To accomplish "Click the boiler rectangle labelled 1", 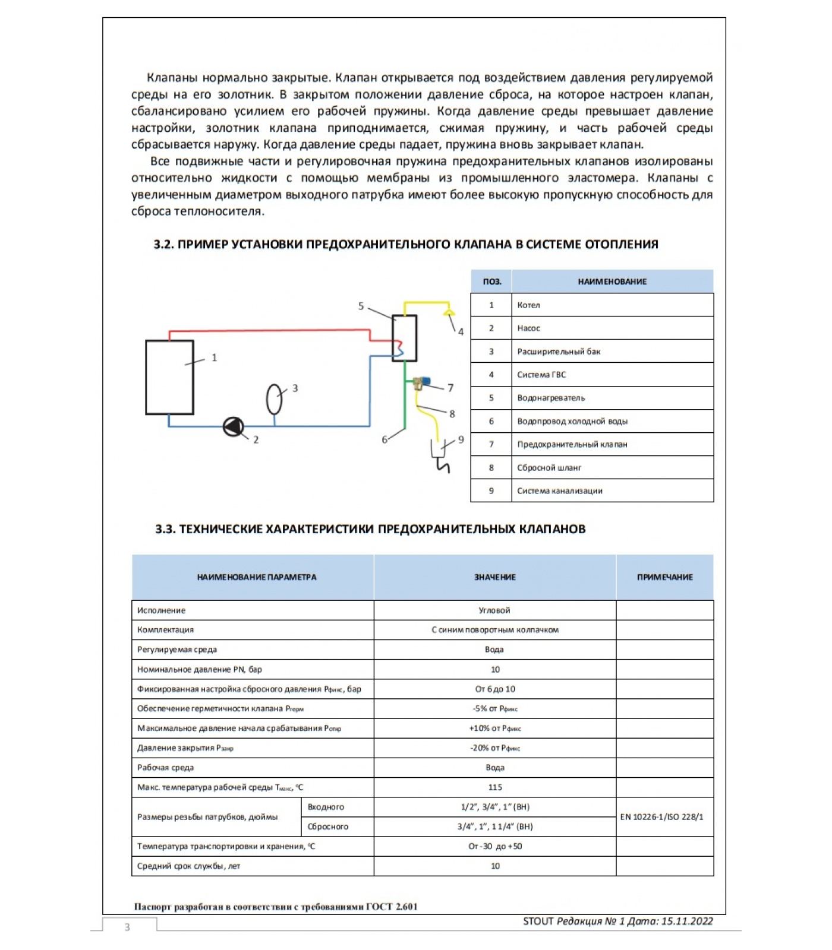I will click(169, 377).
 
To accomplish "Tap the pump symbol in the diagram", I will click(233, 426).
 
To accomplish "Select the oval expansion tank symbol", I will click(274, 399).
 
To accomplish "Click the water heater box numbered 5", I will click(405, 337).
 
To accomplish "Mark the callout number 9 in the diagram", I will click(461, 440).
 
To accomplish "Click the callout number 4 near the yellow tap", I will click(461, 332).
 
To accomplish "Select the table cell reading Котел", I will click(528, 305).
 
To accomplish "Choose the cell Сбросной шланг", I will click(549, 468).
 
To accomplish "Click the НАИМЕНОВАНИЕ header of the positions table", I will click(612, 281).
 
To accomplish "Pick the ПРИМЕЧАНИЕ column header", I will click(664, 577).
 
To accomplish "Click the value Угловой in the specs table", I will click(494, 610).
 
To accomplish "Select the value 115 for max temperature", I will click(495, 787).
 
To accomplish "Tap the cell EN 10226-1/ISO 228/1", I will click(661, 817).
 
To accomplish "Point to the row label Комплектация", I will click(165, 630).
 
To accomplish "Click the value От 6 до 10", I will click(495, 689).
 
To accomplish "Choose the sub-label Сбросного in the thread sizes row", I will click(328, 826).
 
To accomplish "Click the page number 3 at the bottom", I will click(127, 927).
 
